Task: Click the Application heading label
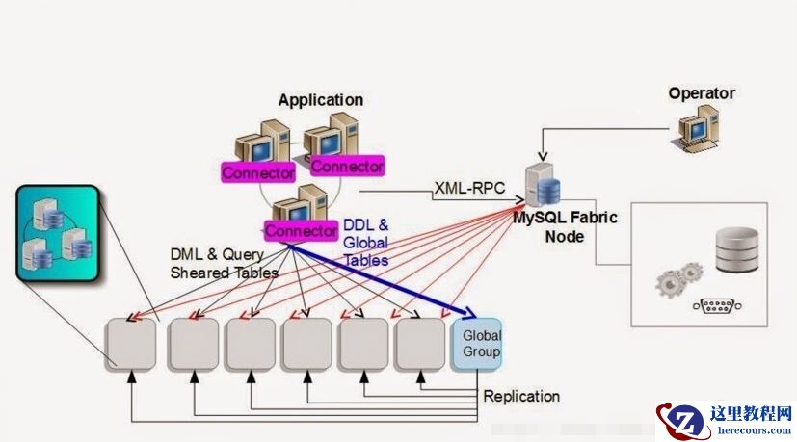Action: (320, 100)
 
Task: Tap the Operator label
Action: (701, 93)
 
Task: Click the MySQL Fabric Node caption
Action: (565, 226)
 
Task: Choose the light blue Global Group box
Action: (481, 344)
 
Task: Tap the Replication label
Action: (520, 397)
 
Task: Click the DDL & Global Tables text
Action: (365, 243)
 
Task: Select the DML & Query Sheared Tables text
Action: (224, 263)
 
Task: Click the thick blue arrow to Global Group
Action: (385, 278)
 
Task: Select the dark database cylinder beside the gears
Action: (737, 249)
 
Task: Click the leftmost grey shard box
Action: (131, 344)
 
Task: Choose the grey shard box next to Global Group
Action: (420, 344)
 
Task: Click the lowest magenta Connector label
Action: (300, 231)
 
